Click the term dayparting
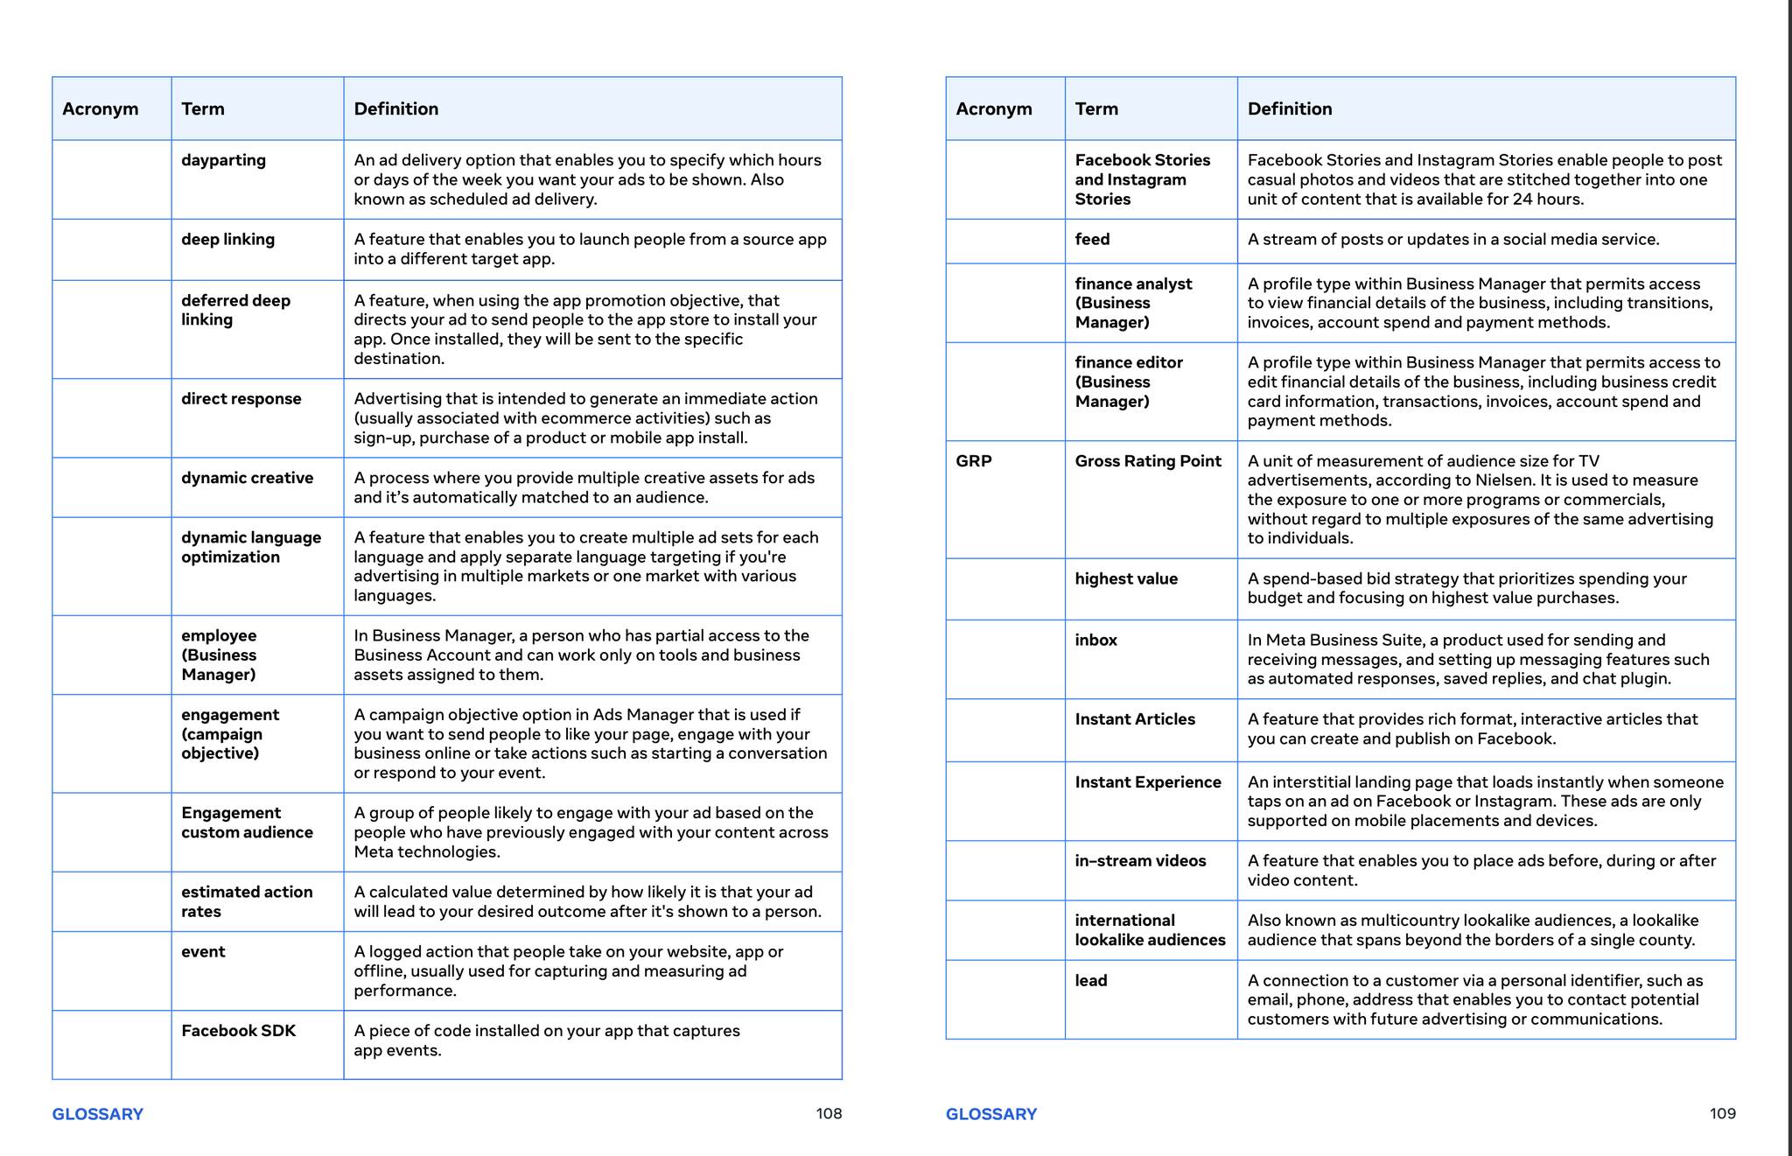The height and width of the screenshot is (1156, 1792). [x=223, y=160]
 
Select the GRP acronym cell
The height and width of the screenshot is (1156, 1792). [x=974, y=461]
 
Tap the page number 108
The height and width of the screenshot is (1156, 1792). [x=829, y=1114]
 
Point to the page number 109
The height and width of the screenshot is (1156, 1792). [x=1722, y=1114]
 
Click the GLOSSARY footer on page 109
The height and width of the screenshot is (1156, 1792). [x=990, y=1114]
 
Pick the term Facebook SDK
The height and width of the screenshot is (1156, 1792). [x=238, y=1031]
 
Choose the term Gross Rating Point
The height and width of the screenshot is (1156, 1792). [x=1147, y=461]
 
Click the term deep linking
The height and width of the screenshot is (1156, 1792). [x=227, y=239]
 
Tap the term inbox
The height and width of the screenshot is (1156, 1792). [x=1095, y=640]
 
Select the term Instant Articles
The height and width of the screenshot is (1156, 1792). [x=1134, y=719]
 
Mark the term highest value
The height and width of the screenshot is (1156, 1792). [x=1125, y=578]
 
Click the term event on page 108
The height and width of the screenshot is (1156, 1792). [x=203, y=951]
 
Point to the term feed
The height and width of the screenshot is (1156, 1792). [x=1092, y=239]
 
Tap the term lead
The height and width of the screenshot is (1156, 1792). [x=1090, y=980]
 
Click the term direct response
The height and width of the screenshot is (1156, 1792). [x=241, y=399]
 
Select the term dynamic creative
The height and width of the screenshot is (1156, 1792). [x=247, y=478]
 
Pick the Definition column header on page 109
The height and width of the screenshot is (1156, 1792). [x=1289, y=109]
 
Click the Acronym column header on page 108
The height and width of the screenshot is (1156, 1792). [x=100, y=109]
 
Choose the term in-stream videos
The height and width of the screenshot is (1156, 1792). [x=1140, y=861]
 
